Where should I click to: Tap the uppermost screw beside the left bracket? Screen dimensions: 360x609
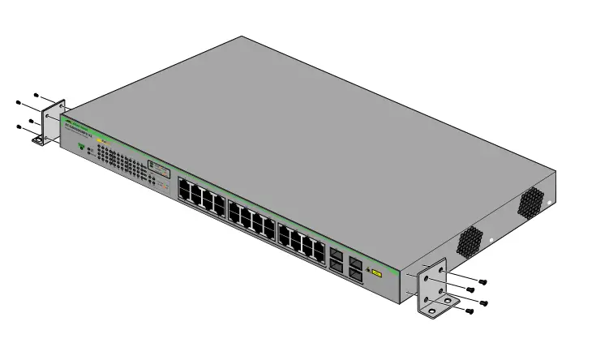click(36, 94)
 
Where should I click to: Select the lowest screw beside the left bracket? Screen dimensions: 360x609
click(19, 126)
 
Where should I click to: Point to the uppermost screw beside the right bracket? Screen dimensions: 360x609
click(482, 281)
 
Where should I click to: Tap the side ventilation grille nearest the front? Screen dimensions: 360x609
click(470, 239)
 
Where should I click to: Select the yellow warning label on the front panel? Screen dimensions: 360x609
click(375, 272)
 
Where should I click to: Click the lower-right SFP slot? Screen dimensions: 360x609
click(355, 275)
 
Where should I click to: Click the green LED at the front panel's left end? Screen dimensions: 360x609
click(81, 147)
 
